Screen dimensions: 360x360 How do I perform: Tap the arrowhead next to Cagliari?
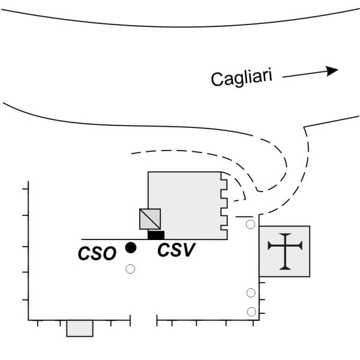331,70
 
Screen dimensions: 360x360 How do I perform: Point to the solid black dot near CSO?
130,247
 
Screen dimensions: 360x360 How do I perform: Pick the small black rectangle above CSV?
156,235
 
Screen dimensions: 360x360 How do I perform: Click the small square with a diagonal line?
149,219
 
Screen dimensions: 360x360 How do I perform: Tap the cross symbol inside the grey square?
284,251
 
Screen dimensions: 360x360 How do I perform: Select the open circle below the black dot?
130,269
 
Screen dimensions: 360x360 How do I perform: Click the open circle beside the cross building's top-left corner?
250,224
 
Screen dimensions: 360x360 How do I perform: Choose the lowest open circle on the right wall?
252,312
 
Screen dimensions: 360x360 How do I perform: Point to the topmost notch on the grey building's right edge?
224,178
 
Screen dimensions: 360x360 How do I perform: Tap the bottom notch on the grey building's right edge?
224,228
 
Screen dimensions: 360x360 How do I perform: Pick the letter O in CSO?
109,254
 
